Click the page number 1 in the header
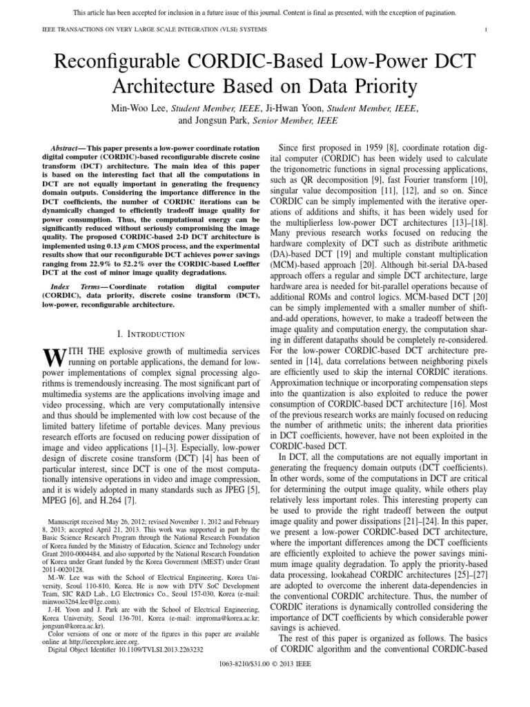pyautogui.click(x=487, y=29)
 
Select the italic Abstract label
pyautogui.click(x=67, y=148)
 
